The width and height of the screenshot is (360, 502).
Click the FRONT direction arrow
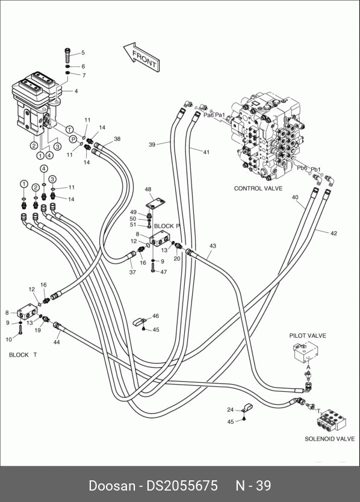click(141, 57)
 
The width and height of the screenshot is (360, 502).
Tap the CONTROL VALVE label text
click(258, 188)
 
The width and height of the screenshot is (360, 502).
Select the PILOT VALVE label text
click(308, 335)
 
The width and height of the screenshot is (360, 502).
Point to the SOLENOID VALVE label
click(329, 439)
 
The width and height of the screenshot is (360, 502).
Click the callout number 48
click(148, 190)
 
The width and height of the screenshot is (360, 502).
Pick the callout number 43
click(213, 246)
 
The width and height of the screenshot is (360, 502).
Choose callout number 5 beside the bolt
click(82, 53)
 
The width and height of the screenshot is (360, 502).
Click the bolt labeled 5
click(67, 55)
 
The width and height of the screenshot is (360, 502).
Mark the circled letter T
click(69, 129)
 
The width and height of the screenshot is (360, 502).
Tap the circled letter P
click(73, 139)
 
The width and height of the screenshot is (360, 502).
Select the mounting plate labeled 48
click(156, 203)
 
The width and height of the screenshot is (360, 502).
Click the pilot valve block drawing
click(306, 352)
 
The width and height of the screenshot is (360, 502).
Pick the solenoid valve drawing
click(331, 420)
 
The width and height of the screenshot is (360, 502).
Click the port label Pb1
click(316, 169)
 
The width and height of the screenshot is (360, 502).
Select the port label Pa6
click(208, 115)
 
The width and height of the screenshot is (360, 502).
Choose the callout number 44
click(57, 342)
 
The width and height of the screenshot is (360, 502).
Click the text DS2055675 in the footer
click(182, 486)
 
